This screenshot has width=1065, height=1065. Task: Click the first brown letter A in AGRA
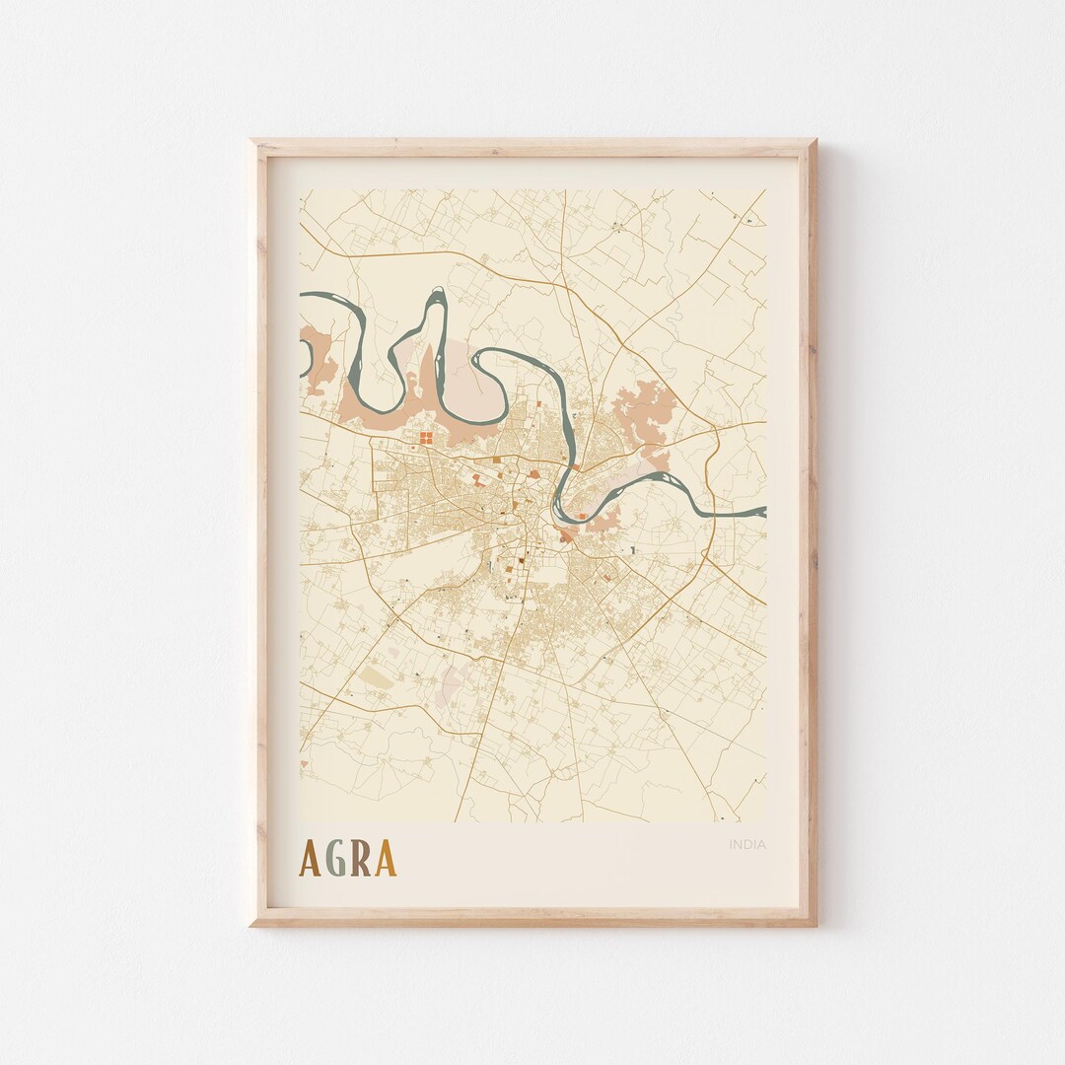pyautogui.click(x=311, y=859)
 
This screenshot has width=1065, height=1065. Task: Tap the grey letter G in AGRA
pyautogui.click(x=336, y=859)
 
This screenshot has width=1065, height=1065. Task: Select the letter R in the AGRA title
pyautogui.click(x=361, y=859)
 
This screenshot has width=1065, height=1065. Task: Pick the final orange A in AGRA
pyautogui.click(x=386, y=859)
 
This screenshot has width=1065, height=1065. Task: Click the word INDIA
pyautogui.click(x=747, y=844)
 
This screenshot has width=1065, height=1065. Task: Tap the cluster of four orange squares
pyautogui.click(x=425, y=436)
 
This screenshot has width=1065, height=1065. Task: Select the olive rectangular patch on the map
pyautogui.click(x=376, y=677)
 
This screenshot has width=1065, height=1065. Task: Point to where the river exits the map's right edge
pyautogui.click(x=763, y=511)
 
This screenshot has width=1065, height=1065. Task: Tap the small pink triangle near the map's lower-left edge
pyautogui.click(x=304, y=763)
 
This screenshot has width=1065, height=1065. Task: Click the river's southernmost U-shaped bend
pyautogui.click(x=562, y=516)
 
